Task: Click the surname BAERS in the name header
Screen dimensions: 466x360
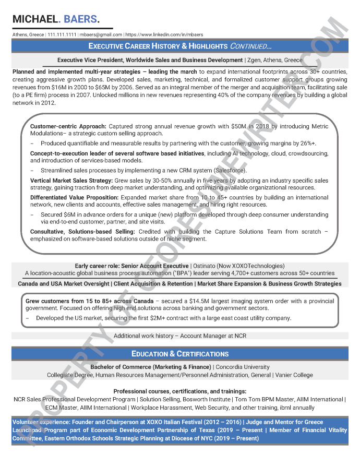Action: [x=81, y=19]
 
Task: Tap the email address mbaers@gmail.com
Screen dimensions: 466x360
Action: [x=101, y=34]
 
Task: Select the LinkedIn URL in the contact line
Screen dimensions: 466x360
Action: [x=164, y=34]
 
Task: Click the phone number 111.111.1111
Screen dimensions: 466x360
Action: [x=62, y=34]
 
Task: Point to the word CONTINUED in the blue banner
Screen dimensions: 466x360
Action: [x=250, y=46]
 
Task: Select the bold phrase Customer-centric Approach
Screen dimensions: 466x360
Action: [x=68, y=127]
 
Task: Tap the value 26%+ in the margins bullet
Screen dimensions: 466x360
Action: [x=307, y=143]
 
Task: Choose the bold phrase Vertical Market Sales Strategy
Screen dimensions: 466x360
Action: [x=75, y=180]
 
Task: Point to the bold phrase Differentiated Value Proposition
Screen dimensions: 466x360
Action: [x=75, y=198]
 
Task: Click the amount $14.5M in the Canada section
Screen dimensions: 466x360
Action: [x=201, y=301]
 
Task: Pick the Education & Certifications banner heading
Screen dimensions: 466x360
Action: [x=180, y=354]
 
